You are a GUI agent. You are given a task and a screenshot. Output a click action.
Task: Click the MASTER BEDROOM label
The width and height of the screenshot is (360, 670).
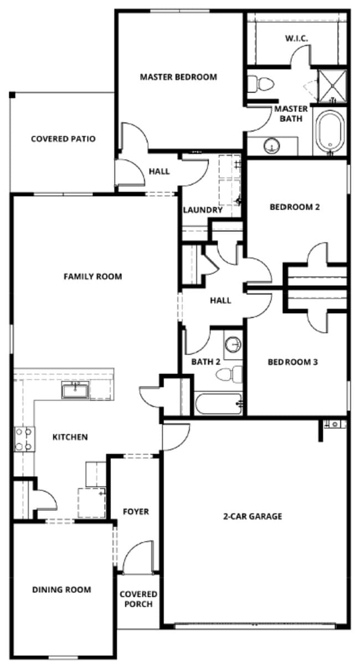(x=178, y=77)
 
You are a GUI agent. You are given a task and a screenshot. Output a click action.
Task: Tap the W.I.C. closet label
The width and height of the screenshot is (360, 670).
(x=296, y=38)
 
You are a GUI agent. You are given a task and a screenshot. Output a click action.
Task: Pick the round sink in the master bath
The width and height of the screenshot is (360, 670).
(x=271, y=146)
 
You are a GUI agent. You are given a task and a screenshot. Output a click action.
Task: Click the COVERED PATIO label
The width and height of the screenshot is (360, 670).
(x=63, y=139)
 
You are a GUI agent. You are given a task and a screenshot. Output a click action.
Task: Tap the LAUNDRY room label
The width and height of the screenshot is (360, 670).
(x=203, y=210)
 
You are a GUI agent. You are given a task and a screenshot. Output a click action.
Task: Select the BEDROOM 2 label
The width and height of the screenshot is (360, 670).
(x=295, y=207)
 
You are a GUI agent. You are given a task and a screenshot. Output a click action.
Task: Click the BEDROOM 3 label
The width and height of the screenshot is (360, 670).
(x=292, y=362)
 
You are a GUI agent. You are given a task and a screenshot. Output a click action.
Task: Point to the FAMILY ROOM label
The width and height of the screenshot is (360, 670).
(x=92, y=276)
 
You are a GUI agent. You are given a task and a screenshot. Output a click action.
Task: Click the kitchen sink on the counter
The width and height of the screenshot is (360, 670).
(x=74, y=391)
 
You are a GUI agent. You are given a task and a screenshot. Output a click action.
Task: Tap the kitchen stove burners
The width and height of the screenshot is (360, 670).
(x=24, y=438)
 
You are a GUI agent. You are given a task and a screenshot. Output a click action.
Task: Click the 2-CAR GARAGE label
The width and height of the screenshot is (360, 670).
(x=253, y=516)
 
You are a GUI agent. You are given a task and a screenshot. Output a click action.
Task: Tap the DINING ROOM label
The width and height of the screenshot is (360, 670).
(x=61, y=590)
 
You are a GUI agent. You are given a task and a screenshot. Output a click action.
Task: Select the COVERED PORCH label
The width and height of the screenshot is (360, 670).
(x=138, y=599)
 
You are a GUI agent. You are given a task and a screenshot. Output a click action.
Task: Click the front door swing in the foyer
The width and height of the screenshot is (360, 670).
(x=138, y=557)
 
